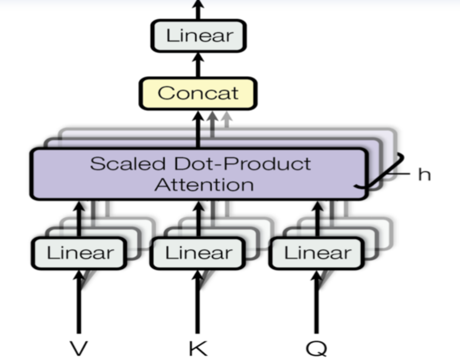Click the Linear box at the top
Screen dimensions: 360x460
tap(198, 36)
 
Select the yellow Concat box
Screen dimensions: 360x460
tap(198, 93)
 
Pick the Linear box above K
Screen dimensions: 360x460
tap(198, 253)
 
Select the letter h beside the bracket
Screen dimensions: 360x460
tap(424, 174)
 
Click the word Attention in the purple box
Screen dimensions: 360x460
tap(204, 185)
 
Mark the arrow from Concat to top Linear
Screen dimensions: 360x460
tap(198, 63)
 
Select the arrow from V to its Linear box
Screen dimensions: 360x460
tap(79, 302)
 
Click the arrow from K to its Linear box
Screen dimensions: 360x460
tap(198, 302)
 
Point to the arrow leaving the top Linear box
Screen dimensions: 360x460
tap(198, 8)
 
